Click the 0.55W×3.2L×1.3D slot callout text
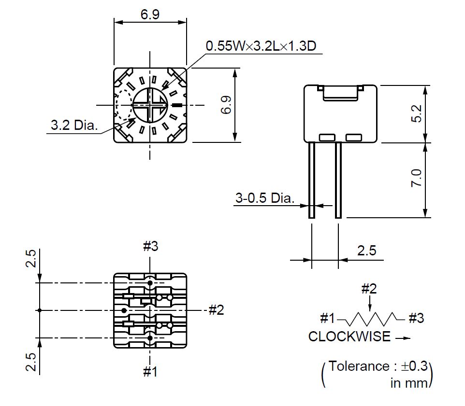click(x=261, y=46)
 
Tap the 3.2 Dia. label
click(x=74, y=125)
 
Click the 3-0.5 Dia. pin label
click(x=265, y=198)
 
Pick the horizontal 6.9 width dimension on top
click(x=150, y=14)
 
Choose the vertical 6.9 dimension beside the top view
click(x=226, y=105)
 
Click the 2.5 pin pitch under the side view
click(x=367, y=251)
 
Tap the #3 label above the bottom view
click(x=151, y=246)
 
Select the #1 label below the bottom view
click(x=150, y=371)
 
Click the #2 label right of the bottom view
click(x=217, y=310)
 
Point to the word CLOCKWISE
click(x=349, y=336)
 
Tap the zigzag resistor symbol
click(x=371, y=319)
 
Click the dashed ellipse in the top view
click(x=116, y=105)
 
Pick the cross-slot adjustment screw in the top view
click(x=150, y=105)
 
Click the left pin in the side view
click(x=312, y=180)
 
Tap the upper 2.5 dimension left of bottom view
click(x=31, y=259)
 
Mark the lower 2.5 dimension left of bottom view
click(x=31, y=362)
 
